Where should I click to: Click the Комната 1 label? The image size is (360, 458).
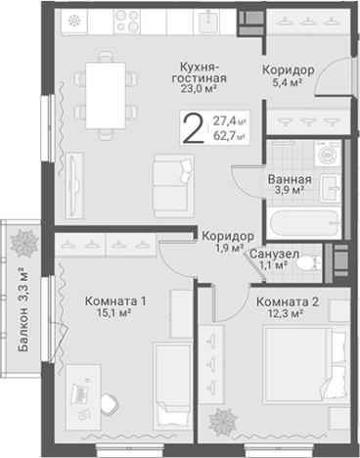click(x=114, y=299)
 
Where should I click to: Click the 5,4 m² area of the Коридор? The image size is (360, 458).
click(x=287, y=85)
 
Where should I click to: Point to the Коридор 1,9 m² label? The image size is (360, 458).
click(x=228, y=243)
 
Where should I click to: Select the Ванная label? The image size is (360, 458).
click(x=291, y=179)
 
